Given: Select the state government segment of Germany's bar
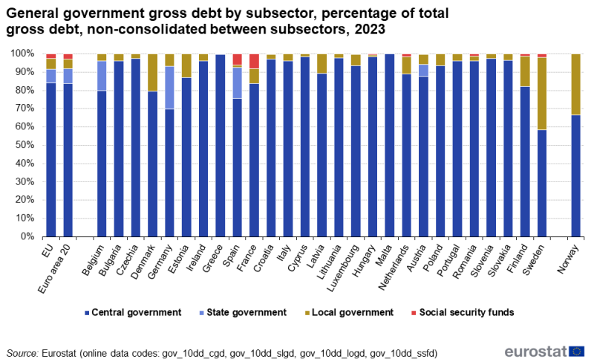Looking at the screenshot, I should click(170, 88).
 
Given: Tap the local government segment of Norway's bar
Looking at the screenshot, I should click(575, 84).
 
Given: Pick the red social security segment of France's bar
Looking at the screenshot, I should click(255, 61).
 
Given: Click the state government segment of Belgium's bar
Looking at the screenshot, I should click(102, 75).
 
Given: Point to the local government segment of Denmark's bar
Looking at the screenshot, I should click(153, 72).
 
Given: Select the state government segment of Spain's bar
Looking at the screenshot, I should click(238, 83).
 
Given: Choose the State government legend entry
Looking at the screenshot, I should click(246, 312).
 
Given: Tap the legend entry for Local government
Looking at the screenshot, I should click(351, 312).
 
